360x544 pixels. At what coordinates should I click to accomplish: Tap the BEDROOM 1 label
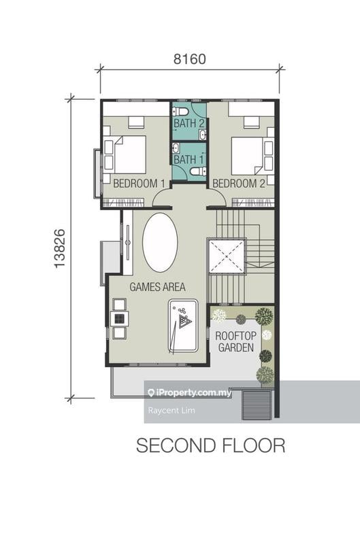pyautogui.click(x=139, y=183)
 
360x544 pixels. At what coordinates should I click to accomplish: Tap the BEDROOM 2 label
pyautogui.click(x=238, y=183)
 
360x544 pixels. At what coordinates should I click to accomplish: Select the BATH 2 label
pyautogui.click(x=189, y=123)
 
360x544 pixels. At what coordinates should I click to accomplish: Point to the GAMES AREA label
pyautogui.click(x=157, y=286)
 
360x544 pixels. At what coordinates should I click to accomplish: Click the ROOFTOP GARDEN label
pyautogui.click(x=235, y=341)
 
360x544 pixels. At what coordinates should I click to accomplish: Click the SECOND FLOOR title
pyautogui.click(x=210, y=445)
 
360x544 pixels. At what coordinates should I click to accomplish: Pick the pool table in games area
pyautogui.click(x=182, y=325)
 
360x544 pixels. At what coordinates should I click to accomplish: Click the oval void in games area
pyautogui.click(x=160, y=243)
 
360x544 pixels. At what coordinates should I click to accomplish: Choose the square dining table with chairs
pyautogui.click(x=119, y=318)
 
